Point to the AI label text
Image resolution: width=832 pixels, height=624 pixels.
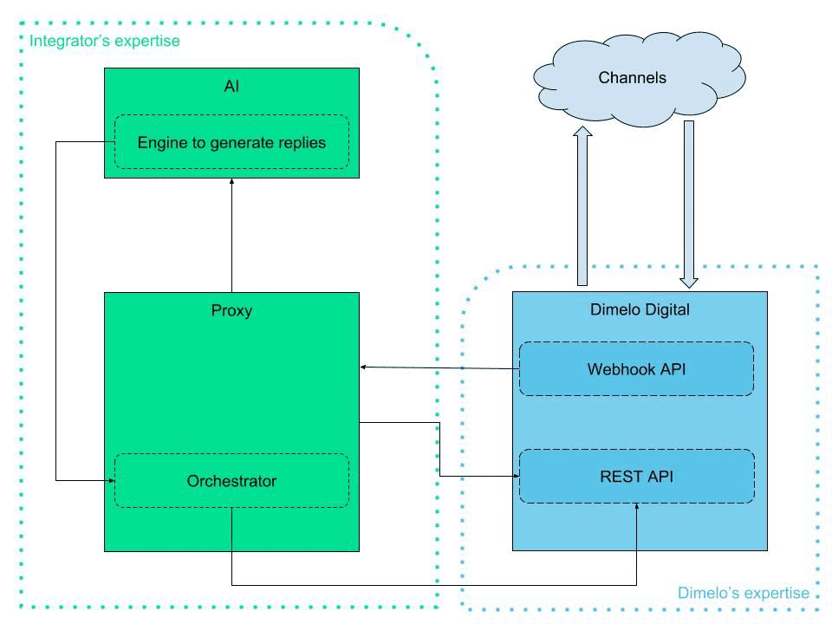(x=231, y=86)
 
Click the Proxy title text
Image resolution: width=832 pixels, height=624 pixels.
(x=231, y=310)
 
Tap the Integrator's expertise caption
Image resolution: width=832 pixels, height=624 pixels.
(x=105, y=41)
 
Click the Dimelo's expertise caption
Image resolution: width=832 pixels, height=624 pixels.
(x=743, y=594)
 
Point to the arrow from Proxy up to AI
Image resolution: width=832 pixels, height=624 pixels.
(x=231, y=234)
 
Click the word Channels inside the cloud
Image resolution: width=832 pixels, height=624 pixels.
(x=633, y=78)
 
